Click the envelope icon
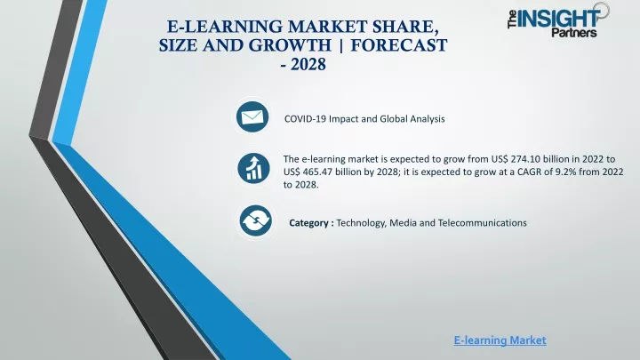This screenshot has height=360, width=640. pos(252,117)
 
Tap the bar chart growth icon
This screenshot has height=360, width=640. pos(253,168)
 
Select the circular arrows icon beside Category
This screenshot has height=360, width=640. pos(255,220)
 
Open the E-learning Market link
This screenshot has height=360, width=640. pos(500,340)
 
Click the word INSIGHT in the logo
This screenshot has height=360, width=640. pos(559,19)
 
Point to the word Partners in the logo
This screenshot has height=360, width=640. pos(574,32)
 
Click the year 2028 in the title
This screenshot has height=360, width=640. pos(308,65)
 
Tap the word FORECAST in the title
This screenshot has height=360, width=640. pos(399,45)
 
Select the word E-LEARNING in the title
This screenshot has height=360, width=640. pos(224,27)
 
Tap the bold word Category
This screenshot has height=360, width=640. pos(308,223)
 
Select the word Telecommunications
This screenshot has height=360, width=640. pos(482,223)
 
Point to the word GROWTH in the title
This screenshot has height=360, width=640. pos(290,45)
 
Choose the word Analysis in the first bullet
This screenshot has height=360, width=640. pos(428,119)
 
